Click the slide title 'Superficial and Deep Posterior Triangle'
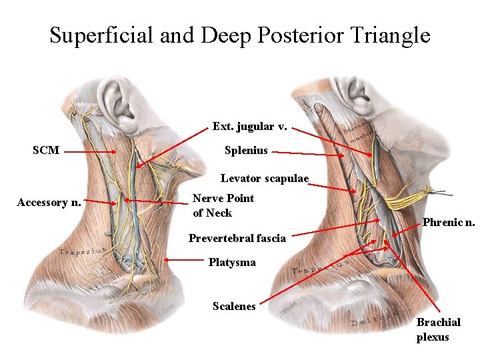(x=240, y=35)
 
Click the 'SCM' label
(x=46, y=151)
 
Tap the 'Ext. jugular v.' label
(x=250, y=126)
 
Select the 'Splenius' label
(x=246, y=151)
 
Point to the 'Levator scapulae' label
(x=265, y=179)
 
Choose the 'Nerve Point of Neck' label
(x=223, y=205)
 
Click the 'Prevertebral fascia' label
(x=237, y=238)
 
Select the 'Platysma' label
(x=232, y=263)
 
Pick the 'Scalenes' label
(x=234, y=307)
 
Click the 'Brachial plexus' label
(x=438, y=329)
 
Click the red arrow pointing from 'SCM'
(x=90, y=152)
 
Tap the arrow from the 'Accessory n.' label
(x=100, y=201)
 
